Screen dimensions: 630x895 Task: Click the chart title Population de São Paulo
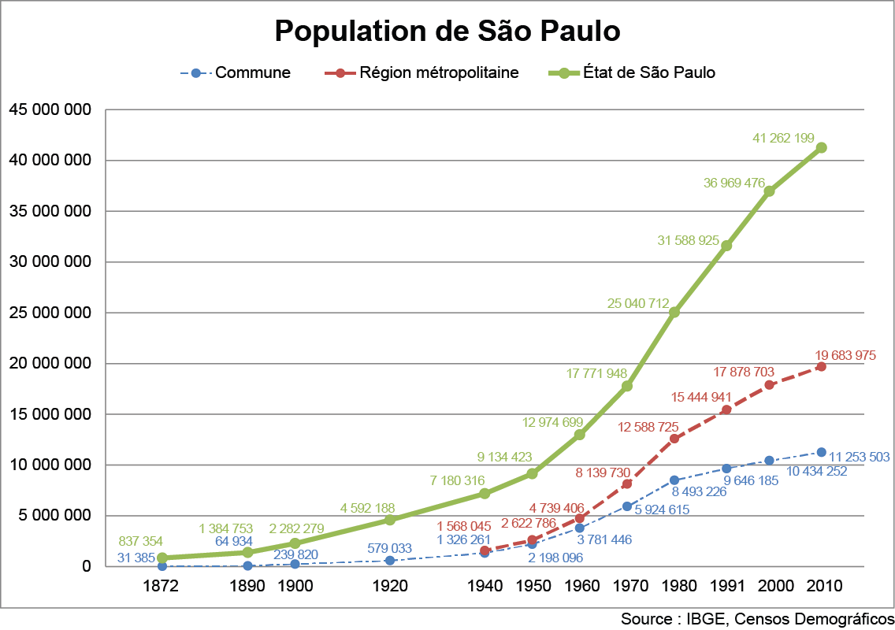click(447, 31)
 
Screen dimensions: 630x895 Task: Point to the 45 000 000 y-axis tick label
click(50, 109)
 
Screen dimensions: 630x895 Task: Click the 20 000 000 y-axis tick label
click(50, 363)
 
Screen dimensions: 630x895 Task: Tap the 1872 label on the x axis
click(162, 586)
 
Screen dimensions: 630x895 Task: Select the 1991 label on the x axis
click(726, 586)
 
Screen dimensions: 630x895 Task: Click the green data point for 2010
click(821, 147)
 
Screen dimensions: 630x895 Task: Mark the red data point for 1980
click(674, 439)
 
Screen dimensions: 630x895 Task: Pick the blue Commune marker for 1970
click(627, 506)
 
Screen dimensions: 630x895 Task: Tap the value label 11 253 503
click(860, 458)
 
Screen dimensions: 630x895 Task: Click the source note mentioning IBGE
click(757, 618)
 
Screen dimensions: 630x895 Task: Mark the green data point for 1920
click(390, 520)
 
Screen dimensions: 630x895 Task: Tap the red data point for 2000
click(769, 385)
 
